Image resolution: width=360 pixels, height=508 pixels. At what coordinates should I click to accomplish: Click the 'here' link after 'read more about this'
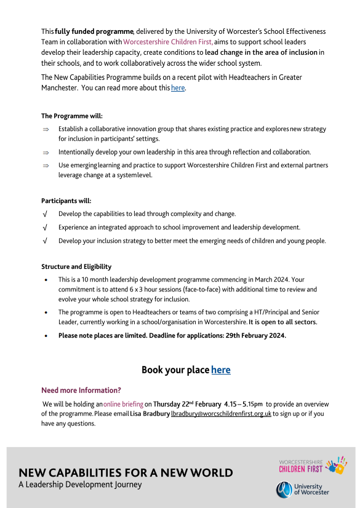(x=177, y=88)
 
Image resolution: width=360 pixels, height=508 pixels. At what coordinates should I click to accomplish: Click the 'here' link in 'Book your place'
(x=220, y=370)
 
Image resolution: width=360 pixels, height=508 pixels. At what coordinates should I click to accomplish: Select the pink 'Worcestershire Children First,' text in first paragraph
(x=168, y=42)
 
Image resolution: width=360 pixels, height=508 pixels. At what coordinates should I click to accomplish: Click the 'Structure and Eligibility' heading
(x=76, y=267)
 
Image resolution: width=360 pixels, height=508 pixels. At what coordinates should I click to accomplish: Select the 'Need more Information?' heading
(x=81, y=391)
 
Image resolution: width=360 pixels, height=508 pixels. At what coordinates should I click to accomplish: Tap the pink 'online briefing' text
(x=123, y=404)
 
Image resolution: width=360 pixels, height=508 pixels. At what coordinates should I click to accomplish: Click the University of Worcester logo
(x=302, y=489)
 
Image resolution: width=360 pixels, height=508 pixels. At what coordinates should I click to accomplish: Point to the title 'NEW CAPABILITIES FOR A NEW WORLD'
(x=126, y=473)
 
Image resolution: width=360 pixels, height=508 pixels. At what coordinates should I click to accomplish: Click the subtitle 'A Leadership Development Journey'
(x=80, y=485)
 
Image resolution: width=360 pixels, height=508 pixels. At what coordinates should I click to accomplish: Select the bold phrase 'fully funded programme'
(x=94, y=31)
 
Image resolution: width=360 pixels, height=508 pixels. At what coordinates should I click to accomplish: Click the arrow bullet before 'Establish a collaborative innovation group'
(x=46, y=129)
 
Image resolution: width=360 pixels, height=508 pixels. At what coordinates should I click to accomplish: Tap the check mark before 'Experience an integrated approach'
(x=46, y=228)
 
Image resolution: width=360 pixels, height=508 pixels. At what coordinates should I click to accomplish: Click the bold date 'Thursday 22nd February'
(x=187, y=404)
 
